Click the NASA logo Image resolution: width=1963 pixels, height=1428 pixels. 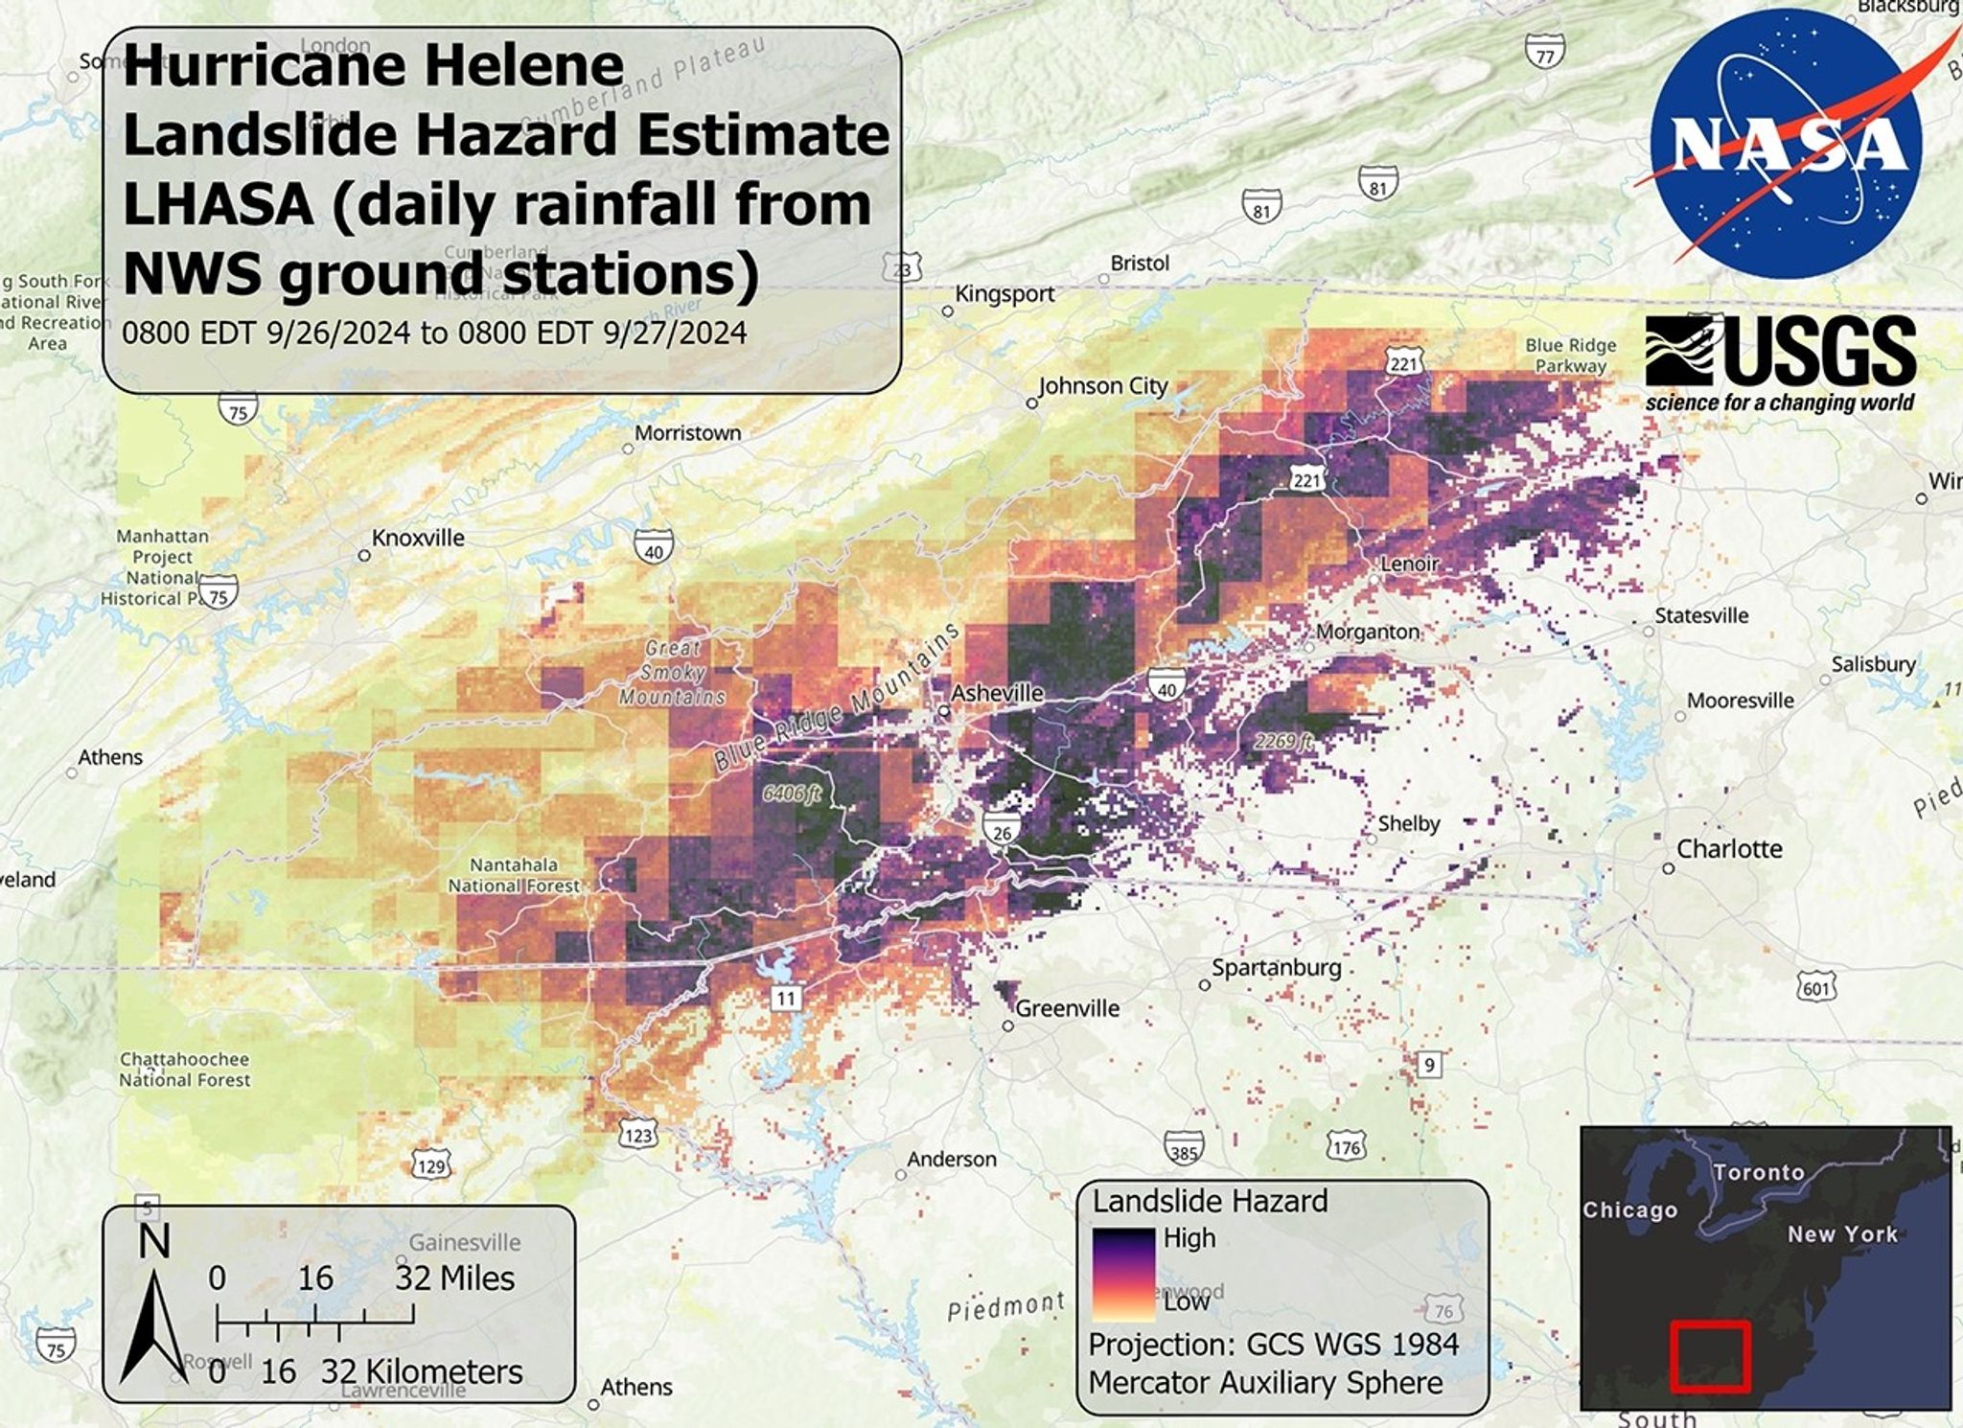coord(1786,144)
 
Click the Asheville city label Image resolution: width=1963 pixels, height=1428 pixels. coord(997,693)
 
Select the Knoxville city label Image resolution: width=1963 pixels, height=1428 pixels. coord(418,538)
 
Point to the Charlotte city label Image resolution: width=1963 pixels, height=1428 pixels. coord(1729,849)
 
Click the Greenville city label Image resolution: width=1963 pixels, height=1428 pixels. coord(1067,1008)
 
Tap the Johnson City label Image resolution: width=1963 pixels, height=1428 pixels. coord(1103,386)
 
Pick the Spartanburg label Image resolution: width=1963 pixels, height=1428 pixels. coord(1276,968)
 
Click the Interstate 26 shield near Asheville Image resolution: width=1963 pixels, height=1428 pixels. coord(1002,830)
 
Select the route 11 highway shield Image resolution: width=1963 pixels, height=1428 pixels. coord(786,999)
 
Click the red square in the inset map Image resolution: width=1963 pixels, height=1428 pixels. coord(1710,1356)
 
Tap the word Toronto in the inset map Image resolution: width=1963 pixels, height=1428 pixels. coord(1758,1172)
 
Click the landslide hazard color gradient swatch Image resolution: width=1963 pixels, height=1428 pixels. coord(1123,1273)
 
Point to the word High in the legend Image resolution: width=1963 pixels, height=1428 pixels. coord(1189,1238)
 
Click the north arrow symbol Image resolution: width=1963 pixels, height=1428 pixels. coord(153,1323)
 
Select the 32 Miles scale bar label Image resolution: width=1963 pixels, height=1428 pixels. coord(454,1278)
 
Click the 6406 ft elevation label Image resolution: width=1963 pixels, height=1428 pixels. coord(792,794)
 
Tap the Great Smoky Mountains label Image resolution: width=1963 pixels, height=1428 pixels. coord(672,673)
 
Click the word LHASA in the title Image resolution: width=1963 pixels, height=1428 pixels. coord(219,205)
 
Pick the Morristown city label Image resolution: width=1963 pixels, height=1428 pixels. coord(687,433)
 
